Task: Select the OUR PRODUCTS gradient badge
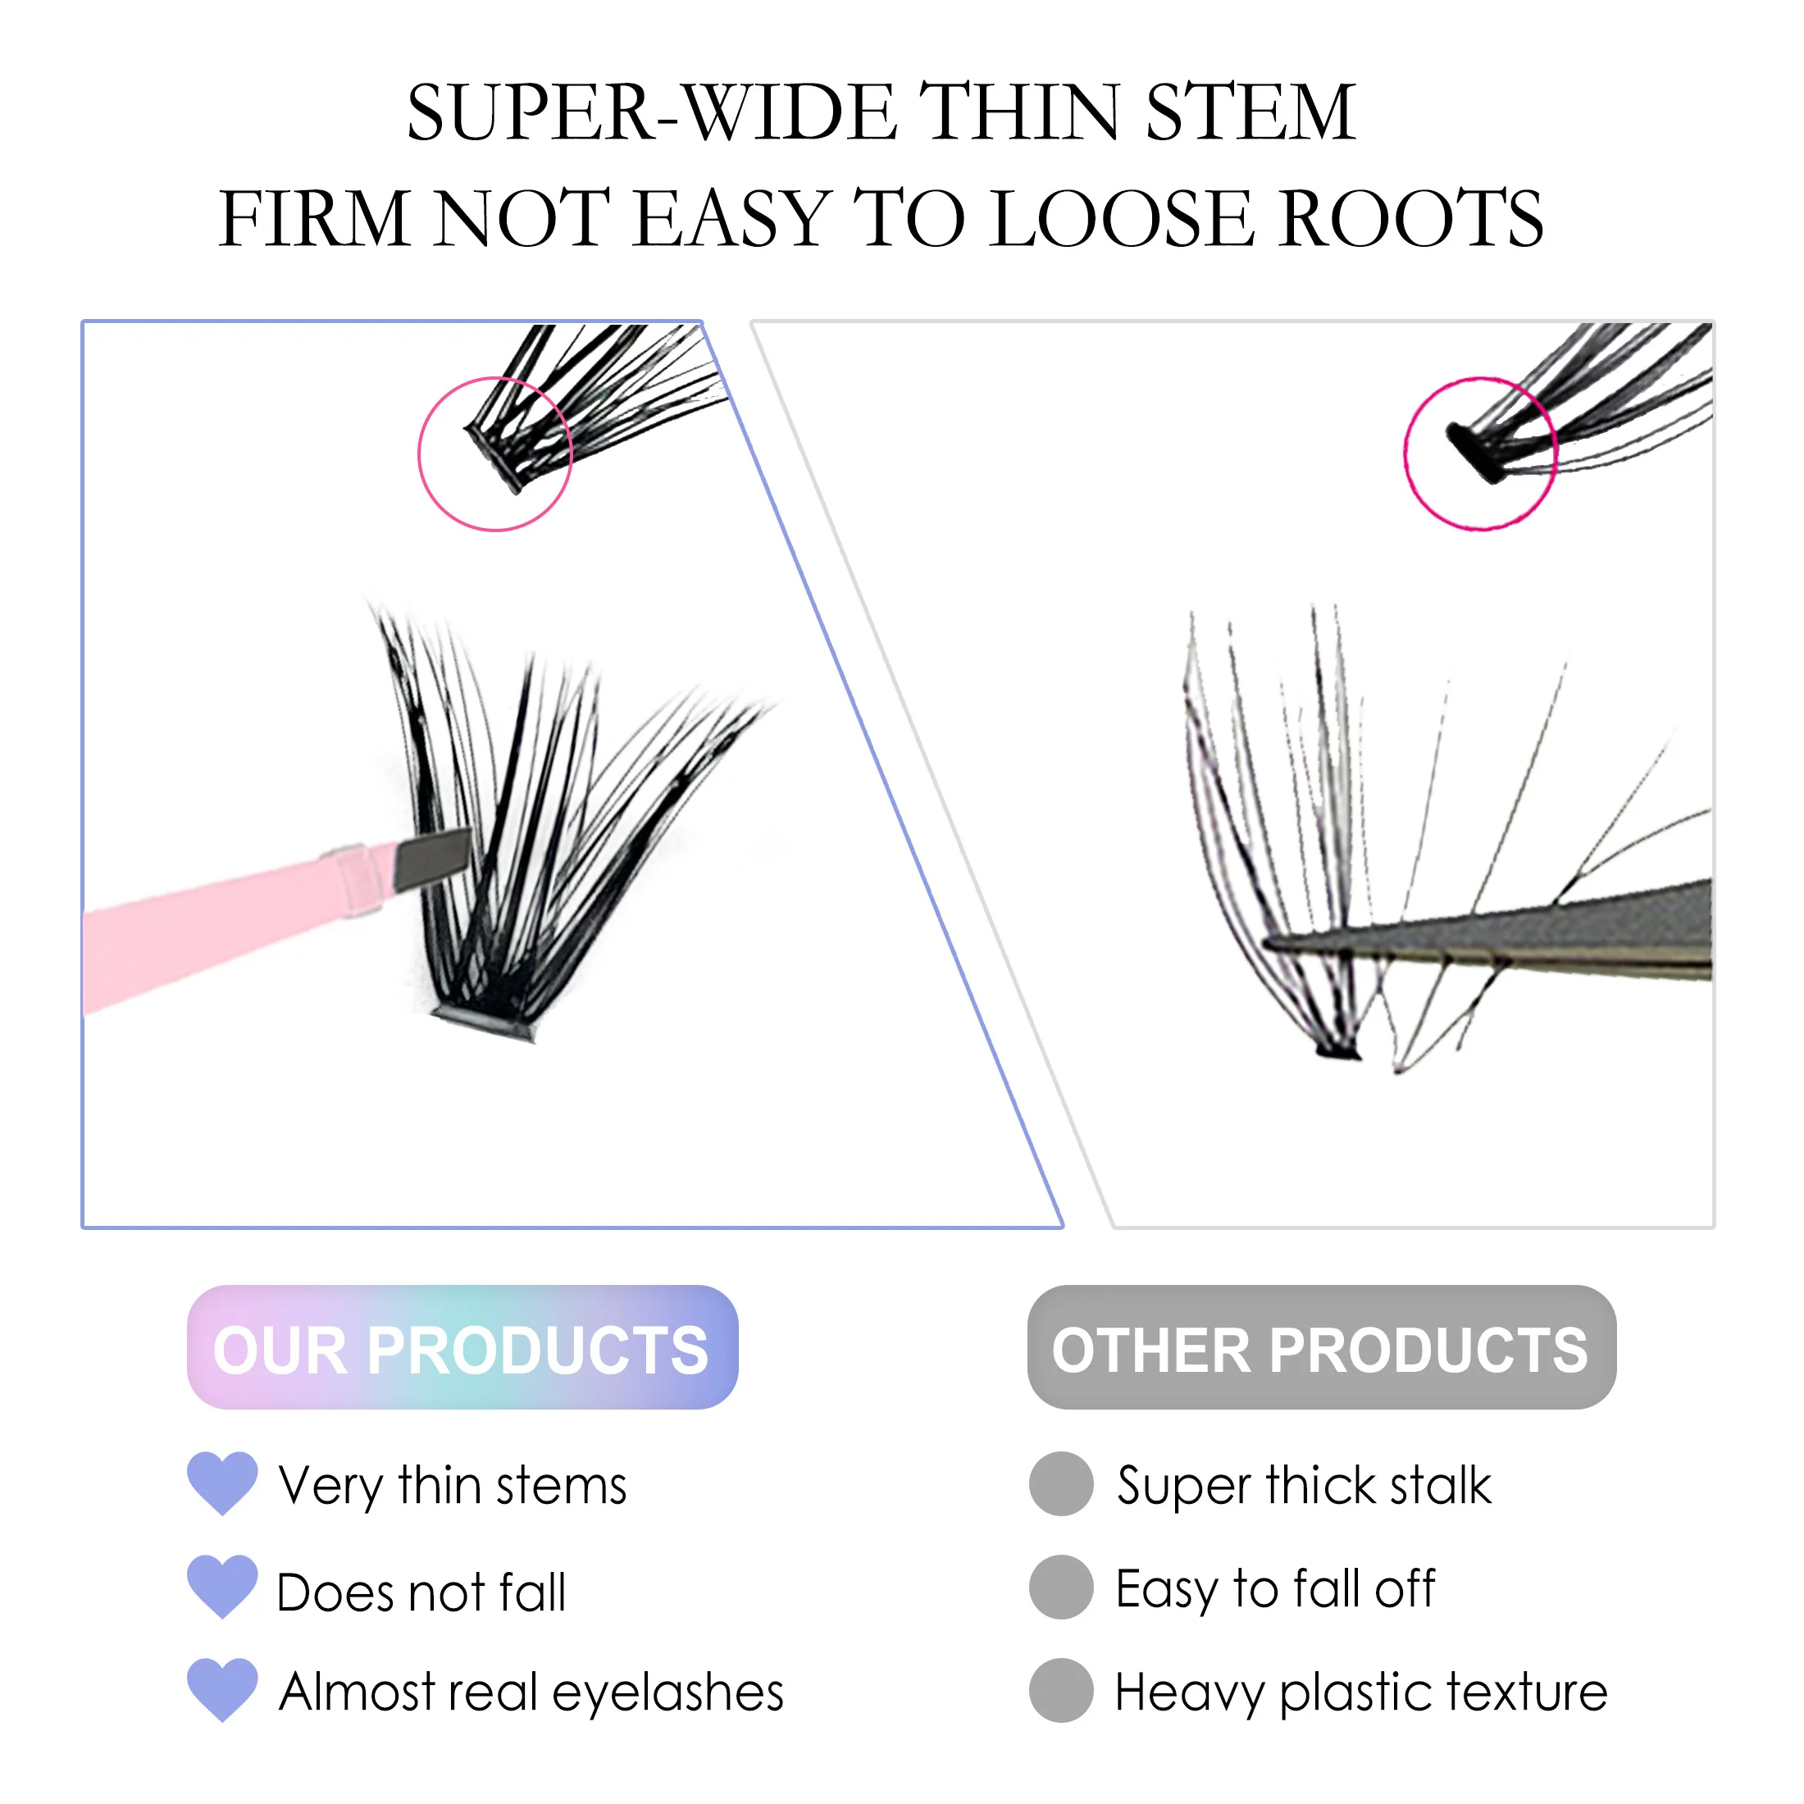462,1347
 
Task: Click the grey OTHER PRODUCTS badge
1320,1347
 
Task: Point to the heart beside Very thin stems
222,1482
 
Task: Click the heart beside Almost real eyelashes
222,1689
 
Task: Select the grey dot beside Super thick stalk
1061,1483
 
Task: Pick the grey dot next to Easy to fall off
1061,1587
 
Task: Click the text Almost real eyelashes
531,1692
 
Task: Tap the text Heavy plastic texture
1360,1692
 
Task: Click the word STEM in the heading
1250,112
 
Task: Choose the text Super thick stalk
1304,1485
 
